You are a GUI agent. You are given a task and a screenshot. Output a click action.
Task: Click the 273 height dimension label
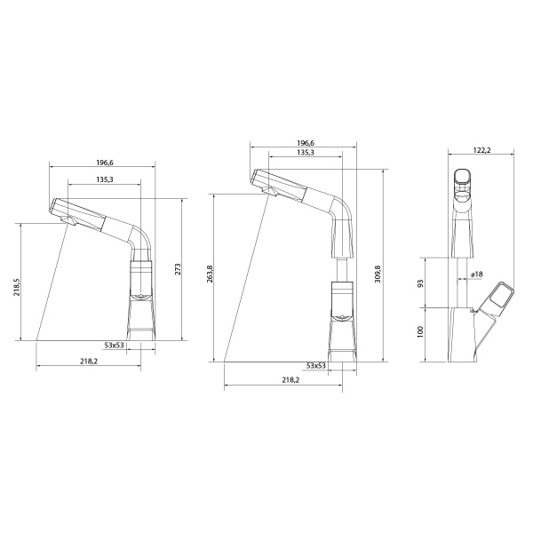click(178, 269)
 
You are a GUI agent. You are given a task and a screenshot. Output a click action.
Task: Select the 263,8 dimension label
click(210, 274)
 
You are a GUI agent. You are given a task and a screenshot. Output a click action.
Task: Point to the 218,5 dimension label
click(17, 287)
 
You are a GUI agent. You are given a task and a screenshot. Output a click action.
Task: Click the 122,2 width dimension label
click(482, 150)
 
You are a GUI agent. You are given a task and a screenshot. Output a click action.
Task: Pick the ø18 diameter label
click(477, 274)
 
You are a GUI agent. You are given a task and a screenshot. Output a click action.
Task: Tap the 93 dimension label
click(420, 282)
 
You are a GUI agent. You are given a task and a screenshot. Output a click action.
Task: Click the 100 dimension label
click(420, 331)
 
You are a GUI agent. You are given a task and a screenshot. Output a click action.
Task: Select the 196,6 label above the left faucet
click(105, 163)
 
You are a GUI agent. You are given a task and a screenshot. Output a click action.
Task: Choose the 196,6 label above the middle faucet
click(306, 143)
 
